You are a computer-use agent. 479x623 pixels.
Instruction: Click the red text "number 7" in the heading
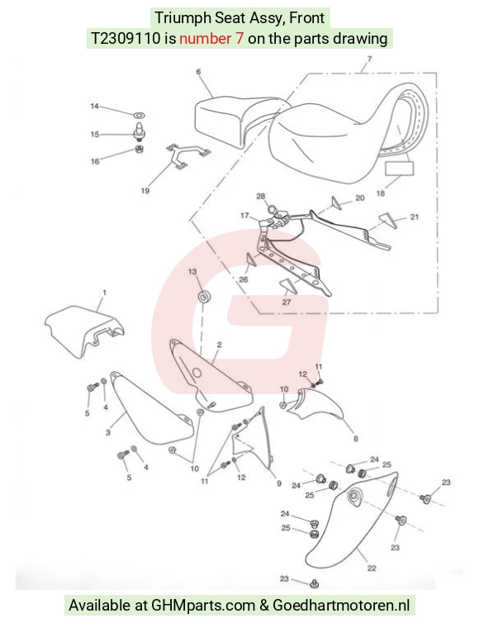pos(211,39)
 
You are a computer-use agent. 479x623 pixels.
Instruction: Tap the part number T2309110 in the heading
pos(126,39)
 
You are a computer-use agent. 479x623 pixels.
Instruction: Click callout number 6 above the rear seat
pos(198,72)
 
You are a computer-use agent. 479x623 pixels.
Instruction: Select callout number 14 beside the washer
pos(94,106)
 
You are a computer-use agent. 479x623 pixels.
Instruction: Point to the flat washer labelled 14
pos(139,115)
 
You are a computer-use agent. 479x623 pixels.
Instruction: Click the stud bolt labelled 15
pos(139,132)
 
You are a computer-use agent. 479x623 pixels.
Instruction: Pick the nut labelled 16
pos(139,150)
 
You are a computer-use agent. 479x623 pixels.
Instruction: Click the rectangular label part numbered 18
pos(399,169)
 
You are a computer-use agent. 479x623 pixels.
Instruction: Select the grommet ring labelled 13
pos(205,297)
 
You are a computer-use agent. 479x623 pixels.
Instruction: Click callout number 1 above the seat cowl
pos(104,292)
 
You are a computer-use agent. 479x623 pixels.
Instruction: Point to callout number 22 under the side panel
pos(372,568)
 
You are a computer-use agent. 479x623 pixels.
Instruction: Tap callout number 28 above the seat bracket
pos(260,196)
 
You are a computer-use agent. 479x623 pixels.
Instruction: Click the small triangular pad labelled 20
pos(336,202)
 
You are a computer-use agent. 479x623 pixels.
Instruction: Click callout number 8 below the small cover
pos(355,438)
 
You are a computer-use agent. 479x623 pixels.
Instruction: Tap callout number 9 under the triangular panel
pos(279,483)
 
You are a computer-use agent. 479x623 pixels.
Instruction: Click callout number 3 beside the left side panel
pos(107,432)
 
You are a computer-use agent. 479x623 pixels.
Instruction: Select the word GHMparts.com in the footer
pos(203,606)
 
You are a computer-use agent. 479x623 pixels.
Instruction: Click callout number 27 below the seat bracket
pos(287,302)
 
